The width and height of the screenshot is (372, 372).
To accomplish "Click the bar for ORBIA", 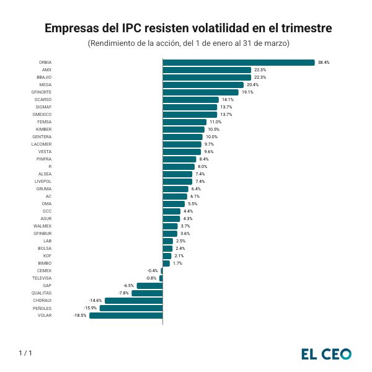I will coord(239,63).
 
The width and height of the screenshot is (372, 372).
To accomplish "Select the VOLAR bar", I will coord(126,316).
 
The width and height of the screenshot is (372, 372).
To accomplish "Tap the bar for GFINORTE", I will coord(200,92).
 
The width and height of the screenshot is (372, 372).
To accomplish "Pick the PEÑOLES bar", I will coord(131,308).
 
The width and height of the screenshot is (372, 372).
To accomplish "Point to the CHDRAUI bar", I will coord(133,301).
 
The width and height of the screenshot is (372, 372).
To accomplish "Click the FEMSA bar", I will coord(184,122).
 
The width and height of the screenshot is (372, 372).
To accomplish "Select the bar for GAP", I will coord(149,286).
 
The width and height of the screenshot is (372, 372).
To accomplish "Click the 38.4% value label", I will coord(324,63).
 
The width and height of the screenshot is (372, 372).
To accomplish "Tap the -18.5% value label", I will coord(80,316).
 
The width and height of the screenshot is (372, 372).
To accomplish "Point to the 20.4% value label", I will coord(252,85).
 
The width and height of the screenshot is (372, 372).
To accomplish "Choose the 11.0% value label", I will coord(215,122).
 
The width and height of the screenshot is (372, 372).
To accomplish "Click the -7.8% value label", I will coord(123,293).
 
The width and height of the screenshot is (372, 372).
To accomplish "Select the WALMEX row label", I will coord(43,226).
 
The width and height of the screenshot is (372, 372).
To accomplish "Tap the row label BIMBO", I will coord(45,263).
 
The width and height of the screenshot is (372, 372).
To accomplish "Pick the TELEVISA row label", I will coord(42,278).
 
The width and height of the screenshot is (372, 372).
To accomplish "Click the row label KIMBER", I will coord(44,130).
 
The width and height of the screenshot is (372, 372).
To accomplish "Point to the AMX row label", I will coord(46,70).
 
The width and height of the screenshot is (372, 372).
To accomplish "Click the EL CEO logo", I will coord(326,354).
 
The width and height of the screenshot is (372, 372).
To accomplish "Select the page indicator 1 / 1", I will coord(25,353).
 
